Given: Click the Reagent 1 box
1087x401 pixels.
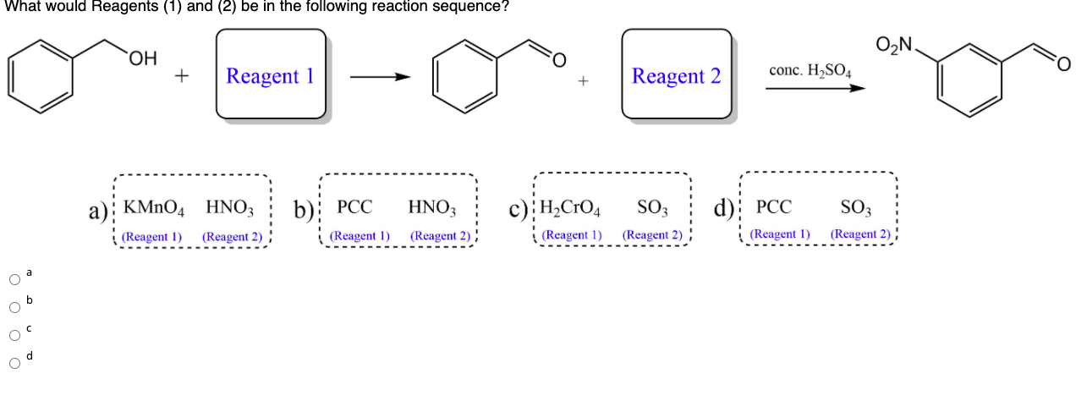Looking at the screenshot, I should pos(271,74).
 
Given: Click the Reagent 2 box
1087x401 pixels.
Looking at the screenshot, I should pos(676,74).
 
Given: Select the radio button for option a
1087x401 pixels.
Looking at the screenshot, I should pos(14,280).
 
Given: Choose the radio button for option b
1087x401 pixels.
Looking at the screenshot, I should pos(14,307).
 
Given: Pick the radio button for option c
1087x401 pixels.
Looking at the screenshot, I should pos(14,335).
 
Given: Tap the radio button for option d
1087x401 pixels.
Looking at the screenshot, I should pos(14,363).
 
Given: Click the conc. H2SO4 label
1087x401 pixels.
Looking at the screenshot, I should pos(810,70).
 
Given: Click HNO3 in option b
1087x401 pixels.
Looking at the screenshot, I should pos(432,207).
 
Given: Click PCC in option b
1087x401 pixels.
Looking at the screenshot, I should pos(354,207).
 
